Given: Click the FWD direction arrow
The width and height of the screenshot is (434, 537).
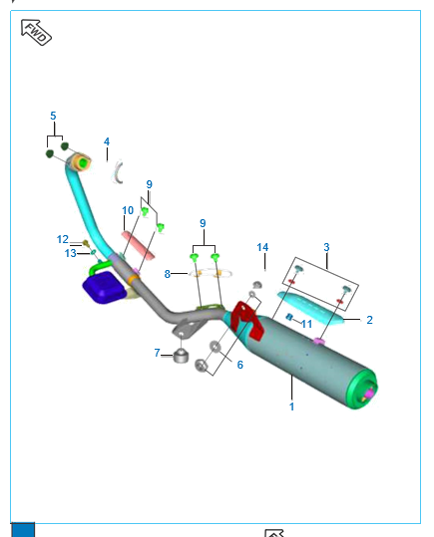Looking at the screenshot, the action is pyautogui.click(x=36, y=32).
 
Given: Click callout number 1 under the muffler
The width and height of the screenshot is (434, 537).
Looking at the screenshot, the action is pyautogui.click(x=291, y=406).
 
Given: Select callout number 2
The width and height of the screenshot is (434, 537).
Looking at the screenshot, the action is pyautogui.click(x=369, y=320).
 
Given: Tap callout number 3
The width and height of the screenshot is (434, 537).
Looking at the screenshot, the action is pyautogui.click(x=326, y=247).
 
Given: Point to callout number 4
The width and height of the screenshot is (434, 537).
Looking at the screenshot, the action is pyautogui.click(x=107, y=141).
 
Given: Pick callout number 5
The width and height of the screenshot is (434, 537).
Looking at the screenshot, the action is pyautogui.click(x=53, y=116).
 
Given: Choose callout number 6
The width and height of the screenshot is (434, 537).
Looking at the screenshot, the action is pyautogui.click(x=240, y=365).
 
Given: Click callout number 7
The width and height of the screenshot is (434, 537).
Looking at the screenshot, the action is pyautogui.click(x=157, y=353).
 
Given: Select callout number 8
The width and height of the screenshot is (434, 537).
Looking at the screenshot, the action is pyautogui.click(x=167, y=274).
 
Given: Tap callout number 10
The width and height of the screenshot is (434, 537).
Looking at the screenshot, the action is pyautogui.click(x=128, y=210).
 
